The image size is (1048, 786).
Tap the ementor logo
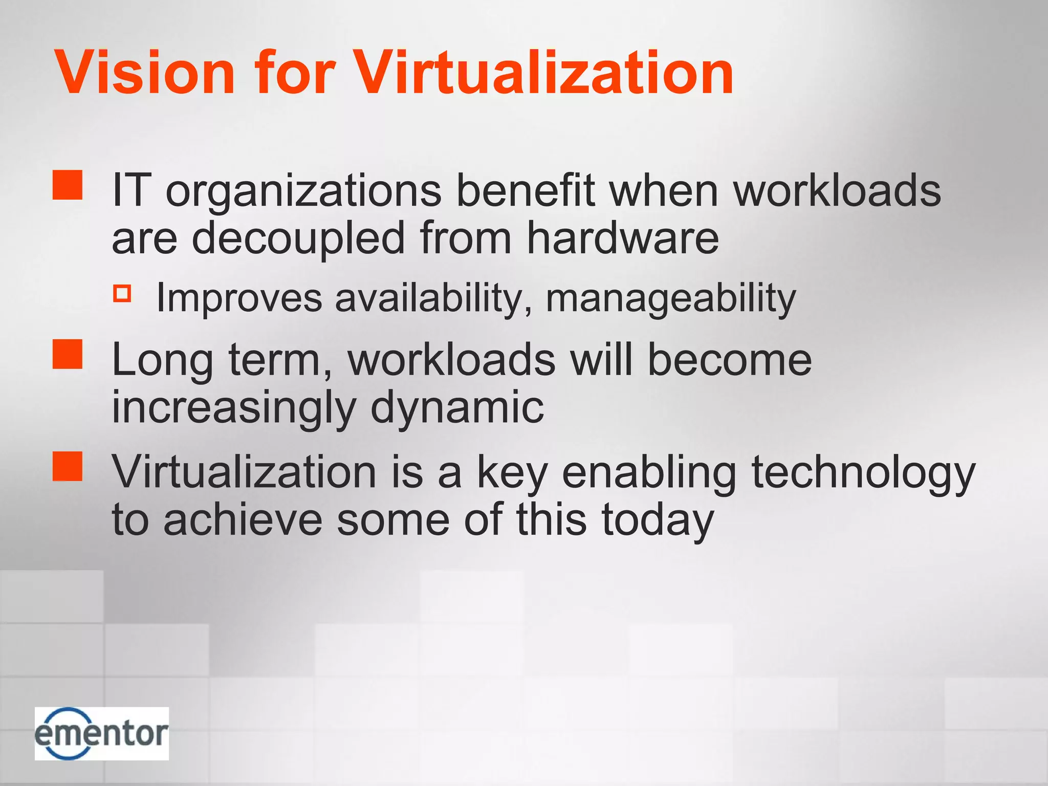[102, 733]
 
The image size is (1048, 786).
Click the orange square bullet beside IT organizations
[68, 185]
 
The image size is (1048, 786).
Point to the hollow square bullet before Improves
[122, 293]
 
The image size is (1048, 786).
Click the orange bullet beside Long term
[68, 354]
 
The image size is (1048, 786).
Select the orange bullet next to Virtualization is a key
[68, 466]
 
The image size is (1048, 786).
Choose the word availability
[433, 298]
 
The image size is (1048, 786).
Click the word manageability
[671, 298]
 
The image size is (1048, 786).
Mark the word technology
[863, 473]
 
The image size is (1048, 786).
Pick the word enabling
[649, 473]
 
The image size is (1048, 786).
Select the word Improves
[239, 298]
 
